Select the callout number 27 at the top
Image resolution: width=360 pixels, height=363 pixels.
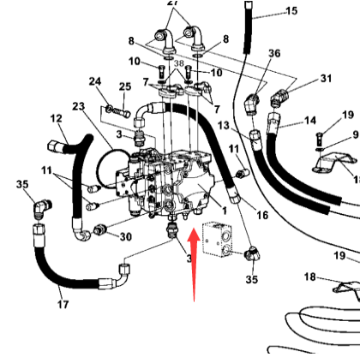coord(175,4)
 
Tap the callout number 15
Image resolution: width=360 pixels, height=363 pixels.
coord(291,11)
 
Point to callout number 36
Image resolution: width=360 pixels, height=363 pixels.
coord(249,53)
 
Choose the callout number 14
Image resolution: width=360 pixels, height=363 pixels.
coord(309,120)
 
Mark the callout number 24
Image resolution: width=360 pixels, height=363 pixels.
coord(94,82)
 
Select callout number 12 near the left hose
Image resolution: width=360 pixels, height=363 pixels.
coord(56,119)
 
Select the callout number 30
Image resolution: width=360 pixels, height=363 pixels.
coord(124,237)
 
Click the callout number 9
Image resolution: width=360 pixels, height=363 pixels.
coord(355,134)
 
